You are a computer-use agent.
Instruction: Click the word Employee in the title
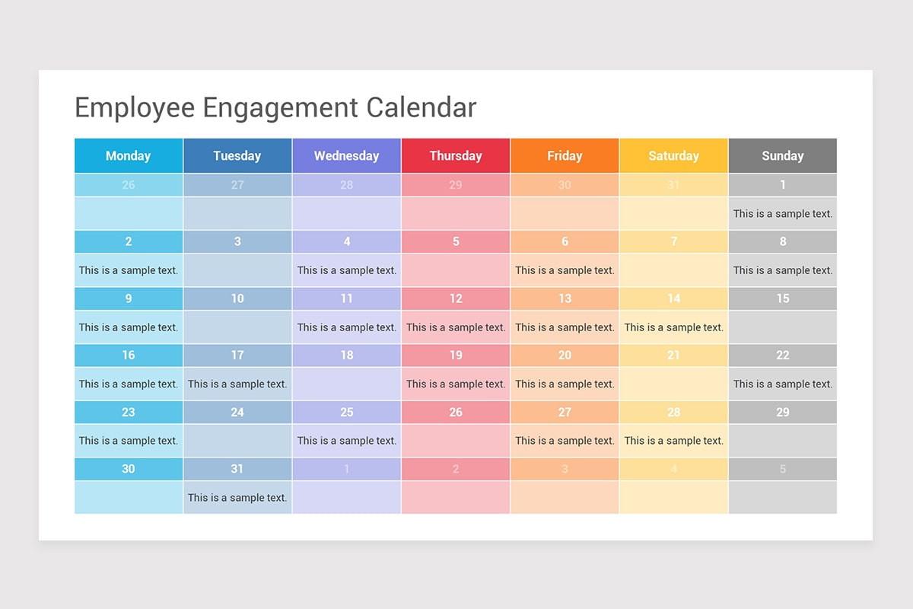tap(135, 108)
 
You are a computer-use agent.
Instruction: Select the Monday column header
tap(128, 156)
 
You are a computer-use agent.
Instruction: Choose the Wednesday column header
tap(346, 156)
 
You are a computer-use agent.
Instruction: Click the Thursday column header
tap(456, 156)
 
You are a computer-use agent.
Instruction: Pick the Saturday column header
tap(673, 156)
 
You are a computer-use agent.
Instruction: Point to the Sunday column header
tap(782, 156)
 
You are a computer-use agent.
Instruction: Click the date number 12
tap(456, 298)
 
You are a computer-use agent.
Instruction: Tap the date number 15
tap(782, 298)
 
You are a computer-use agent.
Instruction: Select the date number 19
tap(456, 356)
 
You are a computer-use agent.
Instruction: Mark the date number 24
tap(237, 413)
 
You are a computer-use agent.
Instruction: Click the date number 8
tap(782, 242)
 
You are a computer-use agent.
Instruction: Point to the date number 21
tap(673, 356)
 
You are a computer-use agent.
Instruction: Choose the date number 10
tap(237, 298)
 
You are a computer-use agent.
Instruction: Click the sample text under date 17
tap(237, 384)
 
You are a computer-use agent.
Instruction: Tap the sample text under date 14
tap(673, 327)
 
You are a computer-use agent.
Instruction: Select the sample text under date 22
tap(783, 384)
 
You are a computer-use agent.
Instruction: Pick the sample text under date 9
tap(129, 327)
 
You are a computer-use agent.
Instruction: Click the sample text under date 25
tap(347, 441)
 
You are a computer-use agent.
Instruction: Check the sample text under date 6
tap(565, 270)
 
